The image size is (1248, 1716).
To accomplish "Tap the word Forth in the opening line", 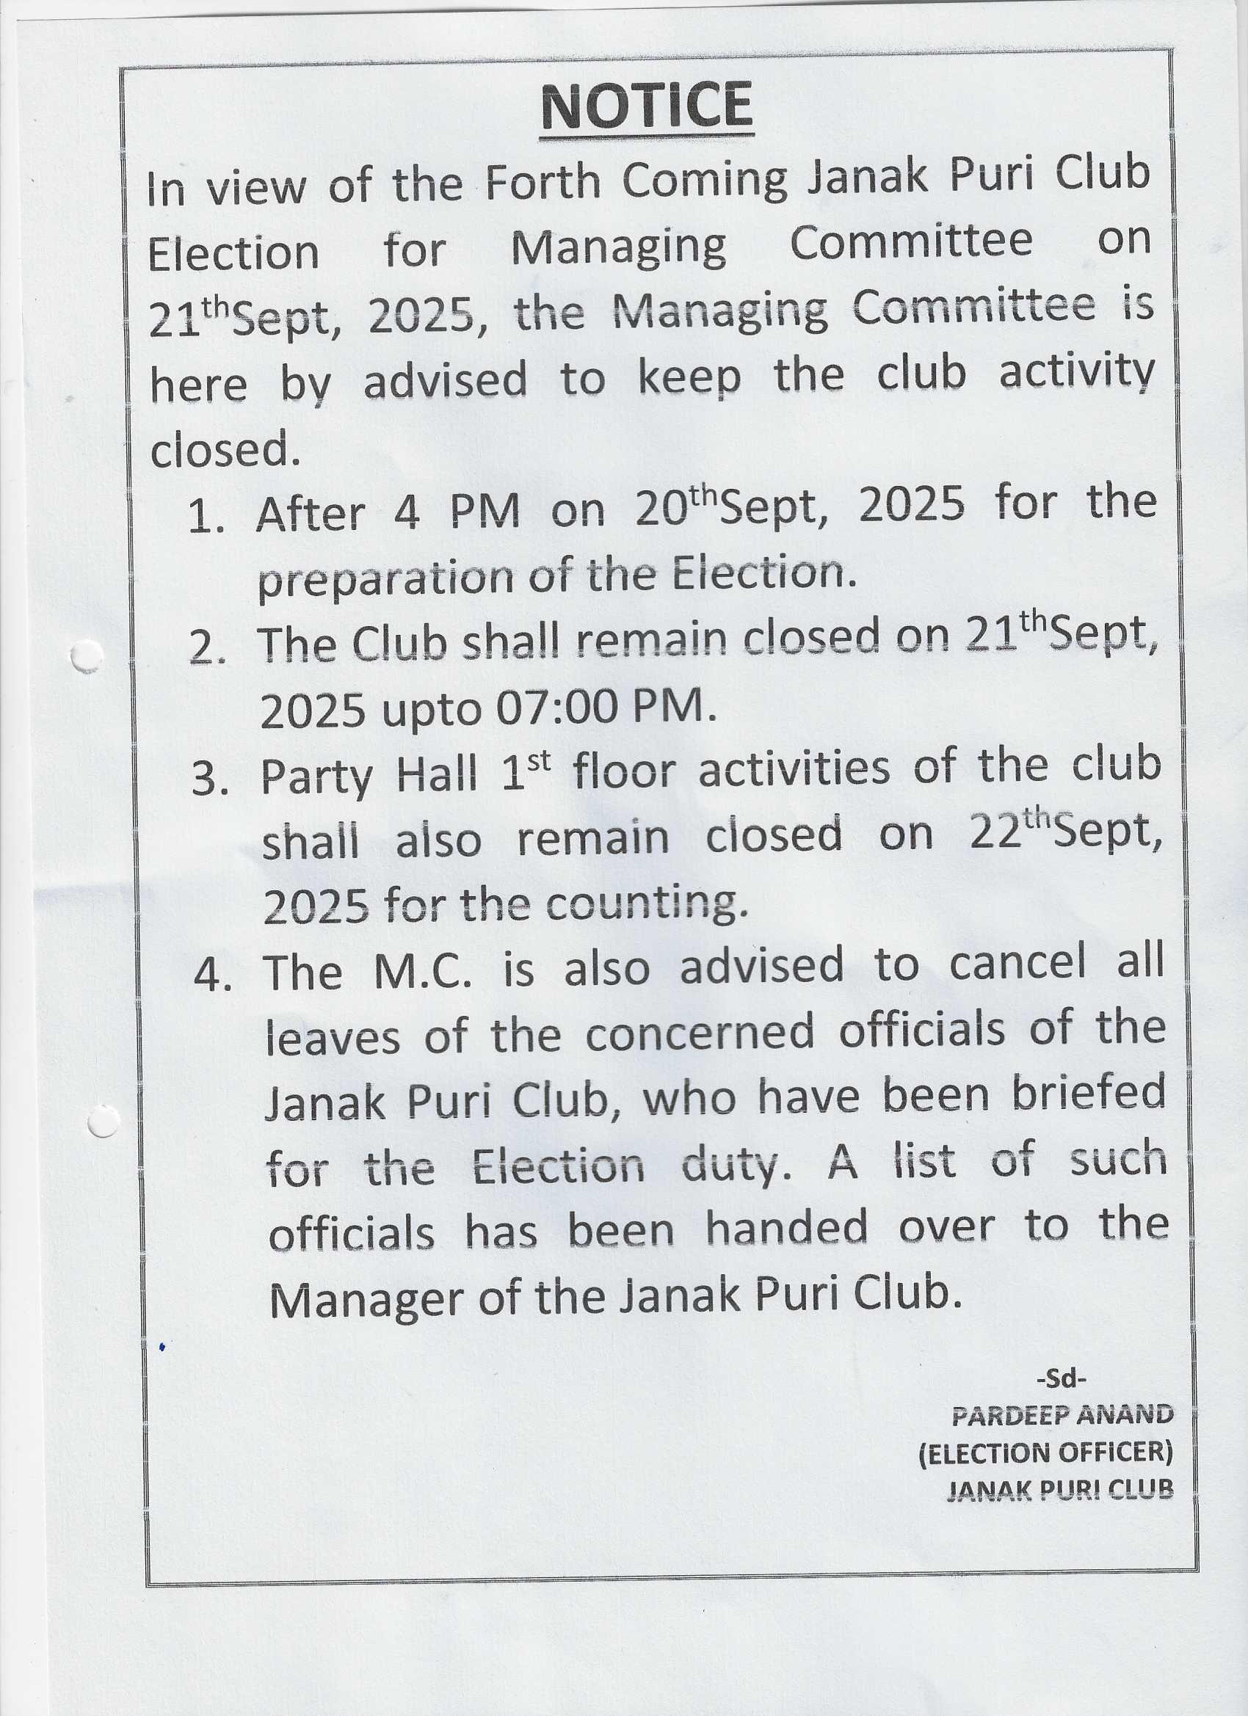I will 542,182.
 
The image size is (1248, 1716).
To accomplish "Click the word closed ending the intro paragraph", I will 220,450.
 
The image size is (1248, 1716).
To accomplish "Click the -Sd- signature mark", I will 1061,1379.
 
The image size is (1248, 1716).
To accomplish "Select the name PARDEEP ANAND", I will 1062,1415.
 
